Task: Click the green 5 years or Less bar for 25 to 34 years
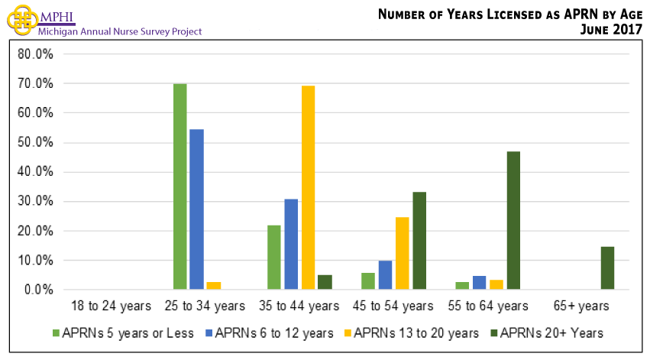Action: click(180, 186)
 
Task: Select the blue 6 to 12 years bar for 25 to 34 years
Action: click(196, 209)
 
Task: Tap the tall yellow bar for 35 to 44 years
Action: click(308, 187)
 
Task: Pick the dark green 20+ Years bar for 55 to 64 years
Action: click(513, 220)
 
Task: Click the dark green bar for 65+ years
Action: click(607, 268)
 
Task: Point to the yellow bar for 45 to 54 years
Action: click(402, 253)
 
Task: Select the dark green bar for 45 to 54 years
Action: click(419, 241)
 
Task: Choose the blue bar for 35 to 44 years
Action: click(291, 244)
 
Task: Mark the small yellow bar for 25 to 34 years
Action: click(214, 285)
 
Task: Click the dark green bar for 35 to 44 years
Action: click(325, 282)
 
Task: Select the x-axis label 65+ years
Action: click(583, 306)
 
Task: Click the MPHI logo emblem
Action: click(21, 21)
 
